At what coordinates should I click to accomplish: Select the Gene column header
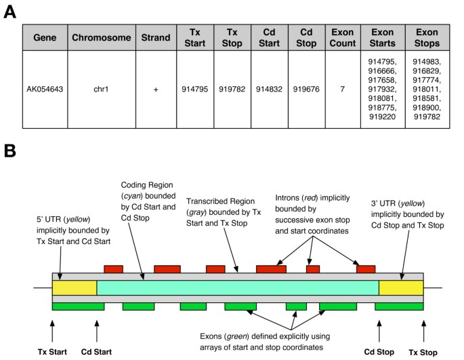click(45, 36)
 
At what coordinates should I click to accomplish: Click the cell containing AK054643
click(45, 89)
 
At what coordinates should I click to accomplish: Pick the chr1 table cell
click(102, 89)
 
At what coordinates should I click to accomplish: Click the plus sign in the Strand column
click(155, 89)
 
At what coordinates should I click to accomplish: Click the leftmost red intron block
click(112, 269)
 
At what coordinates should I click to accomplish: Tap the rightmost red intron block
click(366, 269)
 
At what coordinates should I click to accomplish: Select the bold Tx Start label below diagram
click(52, 351)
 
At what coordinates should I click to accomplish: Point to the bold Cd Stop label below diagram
click(379, 351)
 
